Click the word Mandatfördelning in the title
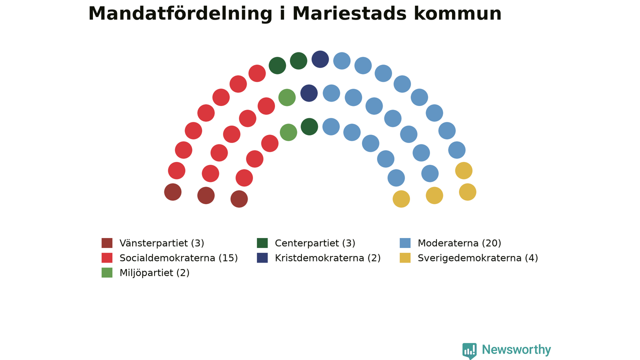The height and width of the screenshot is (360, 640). click(180, 14)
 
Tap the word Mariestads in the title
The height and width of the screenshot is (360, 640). click(349, 13)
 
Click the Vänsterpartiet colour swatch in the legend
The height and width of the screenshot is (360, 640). click(107, 243)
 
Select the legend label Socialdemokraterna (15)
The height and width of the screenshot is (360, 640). click(178, 258)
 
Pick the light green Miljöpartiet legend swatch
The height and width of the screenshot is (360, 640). click(107, 272)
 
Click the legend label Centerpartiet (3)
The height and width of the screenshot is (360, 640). click(315, 243)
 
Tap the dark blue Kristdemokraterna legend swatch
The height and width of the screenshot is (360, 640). click(262, 257)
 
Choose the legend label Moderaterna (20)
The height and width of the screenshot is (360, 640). click(459, 243)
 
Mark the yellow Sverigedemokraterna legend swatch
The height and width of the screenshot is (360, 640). click(405, 257)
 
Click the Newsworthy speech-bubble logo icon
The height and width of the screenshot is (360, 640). click(469, 351)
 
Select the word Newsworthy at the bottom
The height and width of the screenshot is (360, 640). click(516, 349)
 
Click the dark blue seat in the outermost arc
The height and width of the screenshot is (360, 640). click(320, 59)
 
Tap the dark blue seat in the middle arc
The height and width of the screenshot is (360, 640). click(309, 93)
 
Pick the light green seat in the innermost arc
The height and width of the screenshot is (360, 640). click(288, 132)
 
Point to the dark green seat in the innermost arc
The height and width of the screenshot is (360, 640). click(309, 126)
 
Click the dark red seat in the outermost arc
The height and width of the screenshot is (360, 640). click(172, 192)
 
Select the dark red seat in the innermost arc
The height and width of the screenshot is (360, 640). click(239, 199)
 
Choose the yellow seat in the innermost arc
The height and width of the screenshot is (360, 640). click(401, 199)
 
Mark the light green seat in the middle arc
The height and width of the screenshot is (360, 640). click(287, 97)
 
